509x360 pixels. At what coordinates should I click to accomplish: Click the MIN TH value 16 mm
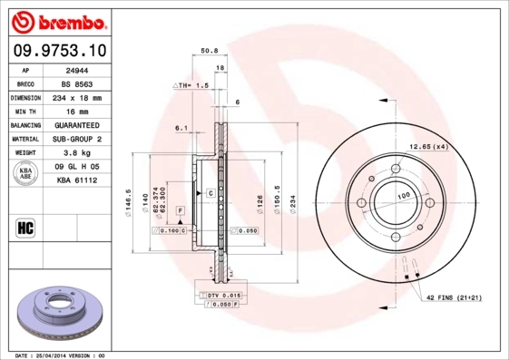tap(77, 110)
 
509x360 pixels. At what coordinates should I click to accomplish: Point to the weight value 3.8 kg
tap(77, 154)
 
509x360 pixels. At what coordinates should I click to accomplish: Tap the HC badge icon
tap(25, 227)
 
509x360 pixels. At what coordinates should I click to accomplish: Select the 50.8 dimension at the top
tap(208, 52)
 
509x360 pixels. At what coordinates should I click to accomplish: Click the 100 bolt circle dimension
tap(400, 196)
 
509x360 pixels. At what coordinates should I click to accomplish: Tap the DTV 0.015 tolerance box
tap(220, 296)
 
